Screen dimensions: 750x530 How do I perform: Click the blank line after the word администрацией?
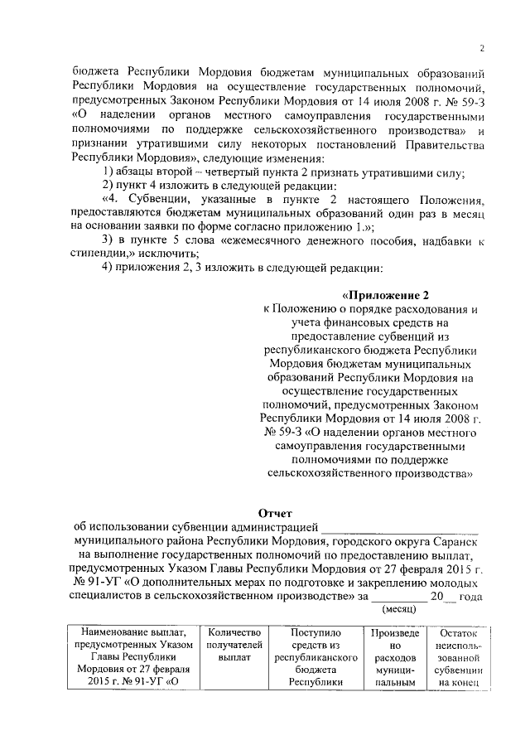tap(400, 528)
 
